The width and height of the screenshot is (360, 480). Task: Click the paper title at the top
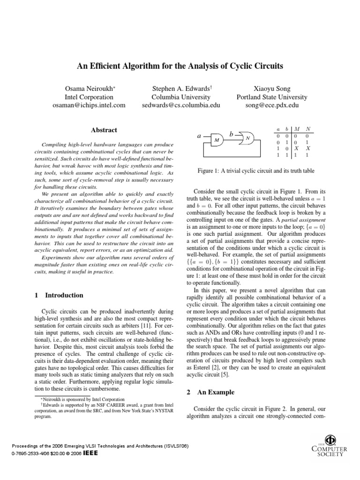click(x=180, y=66)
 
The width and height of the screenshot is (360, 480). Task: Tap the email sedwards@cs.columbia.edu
click(x=180, y=105)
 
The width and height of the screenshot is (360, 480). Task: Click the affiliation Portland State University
click(x=272, y=97)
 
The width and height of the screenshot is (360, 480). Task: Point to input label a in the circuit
click(x=199, y=136)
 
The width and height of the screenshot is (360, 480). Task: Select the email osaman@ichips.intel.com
click(x=89, y=105)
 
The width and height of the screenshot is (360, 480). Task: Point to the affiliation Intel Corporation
click(x=89, y=97)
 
